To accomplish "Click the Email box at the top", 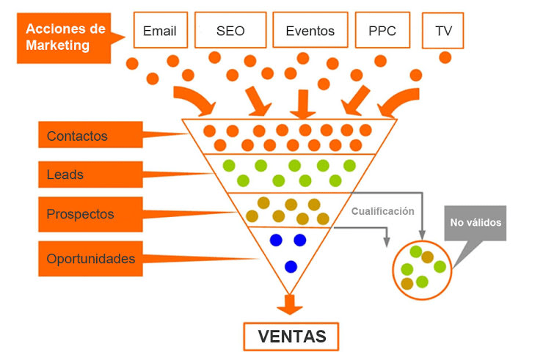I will [x=160, y=31].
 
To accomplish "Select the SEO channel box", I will [x=230, y=31].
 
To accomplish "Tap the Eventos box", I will [x=310, y=31].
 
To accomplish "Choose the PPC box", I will [x=382, y=31].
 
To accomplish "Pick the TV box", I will [x=444, y=31].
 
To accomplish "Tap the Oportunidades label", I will [x=90, y=259].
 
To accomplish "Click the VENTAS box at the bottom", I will [x=291, y=337].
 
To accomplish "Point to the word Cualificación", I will [x=382, y=211].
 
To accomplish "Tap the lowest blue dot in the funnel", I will [x=291, y=266].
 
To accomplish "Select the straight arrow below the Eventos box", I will [x=302, y=104].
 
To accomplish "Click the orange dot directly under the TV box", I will [x=445, y=56].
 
